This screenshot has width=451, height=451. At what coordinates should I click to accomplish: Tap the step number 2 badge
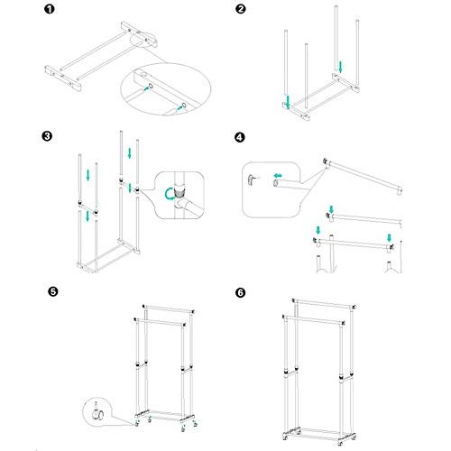click(x=241, y=12)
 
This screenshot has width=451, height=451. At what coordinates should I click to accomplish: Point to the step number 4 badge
click(x=240, y=138)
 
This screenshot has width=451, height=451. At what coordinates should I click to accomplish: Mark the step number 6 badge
click(x=240, y=292)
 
